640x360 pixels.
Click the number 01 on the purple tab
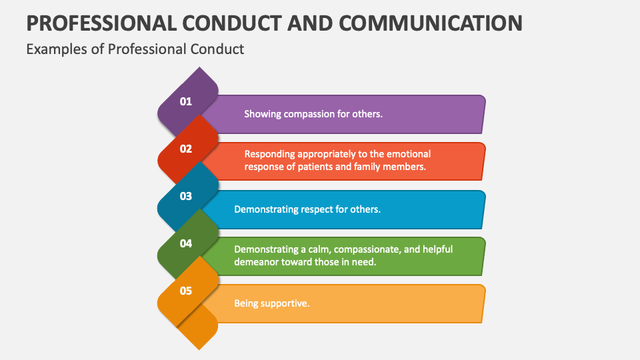coord(185,101)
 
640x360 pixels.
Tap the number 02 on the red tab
coord(185,149)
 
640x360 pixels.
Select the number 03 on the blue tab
coord(185,196)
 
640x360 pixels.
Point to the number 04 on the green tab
coord(185,243)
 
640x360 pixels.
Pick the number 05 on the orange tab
coord(185,291)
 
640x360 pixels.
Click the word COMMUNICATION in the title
coord(431,23)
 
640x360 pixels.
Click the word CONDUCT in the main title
coord(238,23)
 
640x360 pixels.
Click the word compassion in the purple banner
coord(308,114)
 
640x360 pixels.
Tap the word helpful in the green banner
coord(437,249)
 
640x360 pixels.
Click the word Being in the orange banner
coord(245,303)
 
